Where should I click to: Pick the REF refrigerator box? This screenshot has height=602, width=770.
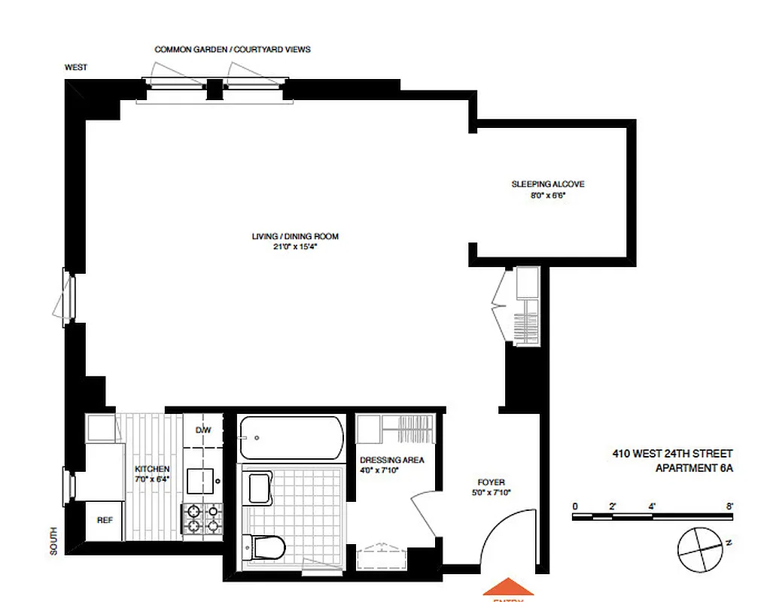104,520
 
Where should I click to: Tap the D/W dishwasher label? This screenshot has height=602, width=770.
202,430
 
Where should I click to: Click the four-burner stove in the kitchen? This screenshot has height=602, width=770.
202,519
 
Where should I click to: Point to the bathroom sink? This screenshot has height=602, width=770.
259,488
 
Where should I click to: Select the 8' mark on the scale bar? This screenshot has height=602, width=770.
729,506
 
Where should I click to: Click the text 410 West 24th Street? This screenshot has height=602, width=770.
671,454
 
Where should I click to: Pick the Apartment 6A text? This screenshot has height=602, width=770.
693,467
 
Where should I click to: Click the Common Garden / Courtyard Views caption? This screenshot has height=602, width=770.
233,50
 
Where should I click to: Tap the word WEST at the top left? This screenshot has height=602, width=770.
75,68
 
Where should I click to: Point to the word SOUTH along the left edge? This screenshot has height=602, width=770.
53,540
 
